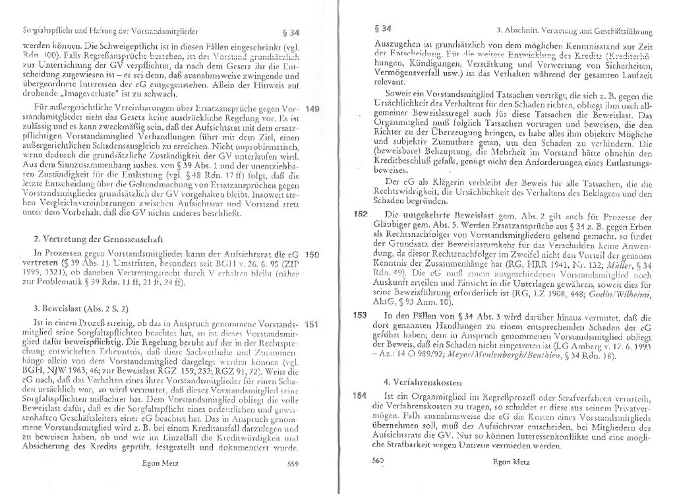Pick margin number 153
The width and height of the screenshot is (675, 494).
click(359, 315)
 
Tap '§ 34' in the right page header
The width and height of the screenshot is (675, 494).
click(382, 28)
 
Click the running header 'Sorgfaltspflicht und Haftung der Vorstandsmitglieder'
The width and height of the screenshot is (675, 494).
click(102, 30)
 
